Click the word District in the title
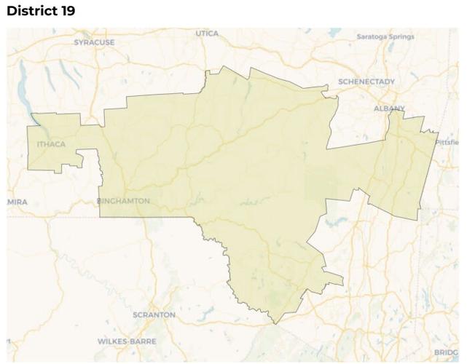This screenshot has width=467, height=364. [x=31, y=12]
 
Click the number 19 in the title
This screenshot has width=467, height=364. [x=66, y=12]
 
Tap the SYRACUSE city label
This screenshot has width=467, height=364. [x=94, y=43]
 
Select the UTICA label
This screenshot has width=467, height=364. [x=207, y=33]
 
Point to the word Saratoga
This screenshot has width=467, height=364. [x=372, y=36]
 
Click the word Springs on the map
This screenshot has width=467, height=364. [x=401, y=36]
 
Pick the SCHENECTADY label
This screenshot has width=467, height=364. [x=366, y=82]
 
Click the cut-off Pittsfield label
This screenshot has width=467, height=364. [x=448, y=142]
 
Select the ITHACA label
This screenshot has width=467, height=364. [x=51, y=144]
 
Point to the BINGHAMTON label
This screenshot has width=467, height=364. [x=124, y=201]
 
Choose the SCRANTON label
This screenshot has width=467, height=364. [x=154, y=314]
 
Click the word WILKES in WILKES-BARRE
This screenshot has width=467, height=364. [x=113, y=341]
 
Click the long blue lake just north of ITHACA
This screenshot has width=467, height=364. [x=31, y=109]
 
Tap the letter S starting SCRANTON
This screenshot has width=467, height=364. [x=136, y=314]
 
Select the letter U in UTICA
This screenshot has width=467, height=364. [x=197, y=33]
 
